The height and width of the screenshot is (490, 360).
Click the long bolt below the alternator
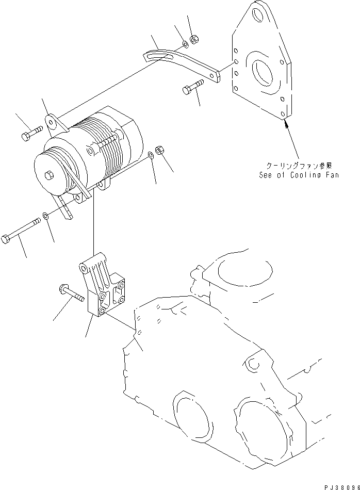pos(21,231)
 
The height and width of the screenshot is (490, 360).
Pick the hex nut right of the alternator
pos(160,151)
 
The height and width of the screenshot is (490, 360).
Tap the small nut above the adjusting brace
pos(194,38)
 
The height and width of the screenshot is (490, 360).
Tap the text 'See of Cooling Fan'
pos(299,175)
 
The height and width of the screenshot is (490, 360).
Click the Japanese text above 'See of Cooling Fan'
pos(299,166)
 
